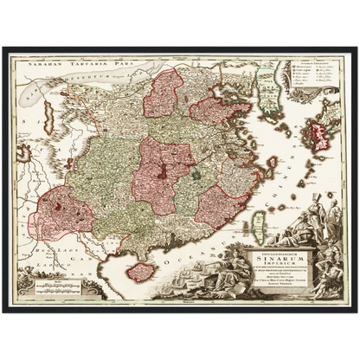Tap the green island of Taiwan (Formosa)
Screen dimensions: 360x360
tap(257, 211)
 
